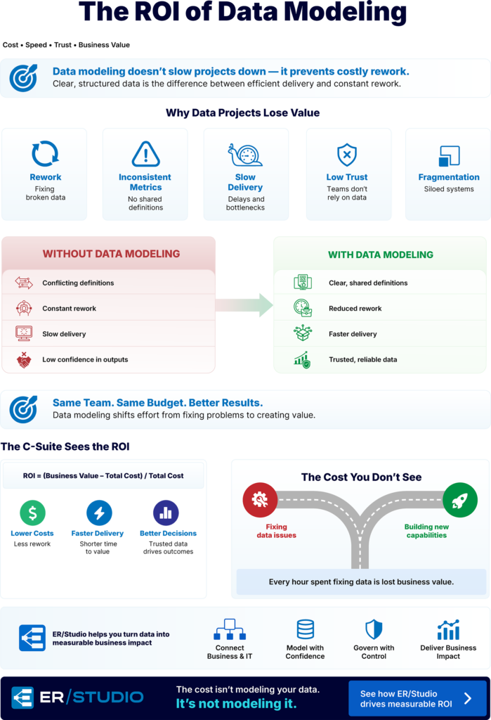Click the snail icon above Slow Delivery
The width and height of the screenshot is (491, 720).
point(245,154)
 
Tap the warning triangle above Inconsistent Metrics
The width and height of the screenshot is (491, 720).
point(146,154)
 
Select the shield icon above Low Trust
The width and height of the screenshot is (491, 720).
point(347,154)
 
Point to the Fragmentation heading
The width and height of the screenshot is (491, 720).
point(449,177)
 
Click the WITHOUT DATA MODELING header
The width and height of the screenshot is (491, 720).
point(111,254)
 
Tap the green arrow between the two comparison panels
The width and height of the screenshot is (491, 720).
point(244,305)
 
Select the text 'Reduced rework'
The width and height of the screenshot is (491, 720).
point(355,309)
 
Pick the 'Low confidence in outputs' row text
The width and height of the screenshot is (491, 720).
point(86,359)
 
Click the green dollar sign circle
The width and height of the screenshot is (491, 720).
point(32,513)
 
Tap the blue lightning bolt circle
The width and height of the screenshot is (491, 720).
point(99,513)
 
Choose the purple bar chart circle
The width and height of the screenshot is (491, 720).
point(166,513)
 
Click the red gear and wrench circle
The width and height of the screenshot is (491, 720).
point(260,500)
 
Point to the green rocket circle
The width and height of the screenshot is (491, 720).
point(460,500)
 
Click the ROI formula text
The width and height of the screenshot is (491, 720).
point(103,476)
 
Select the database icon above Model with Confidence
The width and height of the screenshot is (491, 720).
point(305,629)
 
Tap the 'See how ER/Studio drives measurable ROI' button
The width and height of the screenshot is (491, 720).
point(417,698)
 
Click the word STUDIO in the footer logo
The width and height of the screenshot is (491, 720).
point(108,697)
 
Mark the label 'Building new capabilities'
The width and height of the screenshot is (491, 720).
point(426,531)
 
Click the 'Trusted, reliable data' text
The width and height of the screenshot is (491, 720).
point(363,359)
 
